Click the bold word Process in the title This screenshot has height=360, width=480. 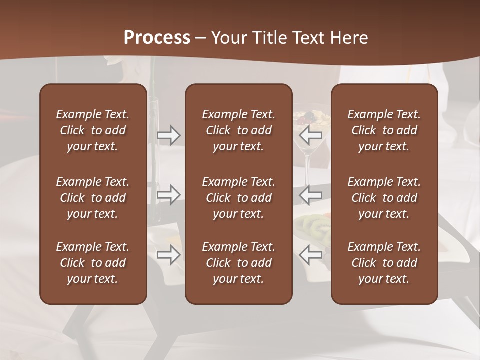[x=157, y=37]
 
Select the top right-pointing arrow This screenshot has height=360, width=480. [x=168, y=134]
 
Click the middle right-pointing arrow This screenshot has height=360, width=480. [x=168, y=194]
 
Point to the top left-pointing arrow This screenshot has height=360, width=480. [x=311, y=134]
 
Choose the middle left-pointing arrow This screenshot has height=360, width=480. [x=311, y=194]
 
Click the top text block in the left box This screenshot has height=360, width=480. [x=93, y=130]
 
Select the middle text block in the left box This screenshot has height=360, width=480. [x=93, y=198]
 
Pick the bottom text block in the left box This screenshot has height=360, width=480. [x=93, y=263]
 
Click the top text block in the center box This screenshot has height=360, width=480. [x=238, y=130]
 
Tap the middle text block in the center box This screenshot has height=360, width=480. [x=238, y=198]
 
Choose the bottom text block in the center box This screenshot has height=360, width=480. [x=238, y=263]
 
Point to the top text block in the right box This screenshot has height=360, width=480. [x=384, y=130]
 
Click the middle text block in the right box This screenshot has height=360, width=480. [x=384, y=198]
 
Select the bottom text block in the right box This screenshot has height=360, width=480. [x=384, y=263]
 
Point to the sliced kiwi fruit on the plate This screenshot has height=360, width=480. [x=314, y=226]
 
